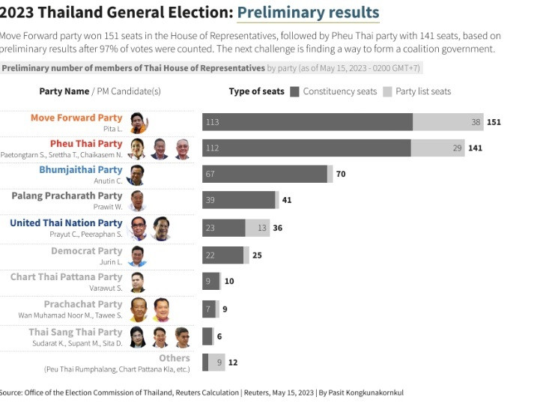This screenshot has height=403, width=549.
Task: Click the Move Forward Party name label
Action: [x=76, y=118]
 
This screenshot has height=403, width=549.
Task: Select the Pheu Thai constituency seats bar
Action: [x=306, y=148]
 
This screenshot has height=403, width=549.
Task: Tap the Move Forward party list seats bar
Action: [x=447, y=122]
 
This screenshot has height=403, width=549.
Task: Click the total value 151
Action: [x=494, y=122]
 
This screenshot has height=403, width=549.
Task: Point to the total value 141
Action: [x=476, y=148]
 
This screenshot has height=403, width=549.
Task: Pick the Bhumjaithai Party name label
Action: [x=80, y=170]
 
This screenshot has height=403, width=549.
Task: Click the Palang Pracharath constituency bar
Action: [x=238, y=200]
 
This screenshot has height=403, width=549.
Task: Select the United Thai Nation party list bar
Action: [x=258, y=228]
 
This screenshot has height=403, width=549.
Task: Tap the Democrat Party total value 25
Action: [x=257, y=255]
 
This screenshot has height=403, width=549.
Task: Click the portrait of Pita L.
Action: [x=137, y=122]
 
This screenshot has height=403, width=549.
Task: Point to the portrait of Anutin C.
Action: [x=136, y=175]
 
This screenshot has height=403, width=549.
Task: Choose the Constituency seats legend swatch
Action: [x=295, y=91]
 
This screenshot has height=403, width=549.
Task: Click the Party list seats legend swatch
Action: [x=387, y=91]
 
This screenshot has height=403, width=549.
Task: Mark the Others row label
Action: [x=174, y=358]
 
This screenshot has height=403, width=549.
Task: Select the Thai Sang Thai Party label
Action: [x=75, y=332]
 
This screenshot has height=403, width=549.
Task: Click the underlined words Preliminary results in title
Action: [x=308, y=13]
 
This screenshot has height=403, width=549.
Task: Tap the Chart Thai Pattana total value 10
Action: [x=229, y=282]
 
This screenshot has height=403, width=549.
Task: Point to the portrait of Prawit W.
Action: [x=137, y=201]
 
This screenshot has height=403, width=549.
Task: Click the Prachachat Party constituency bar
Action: [x=208, y=309]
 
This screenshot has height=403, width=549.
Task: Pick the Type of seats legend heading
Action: [x=256, y=91]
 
